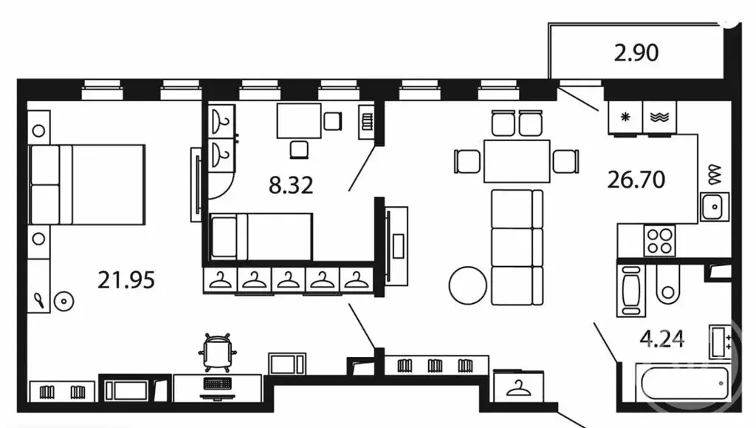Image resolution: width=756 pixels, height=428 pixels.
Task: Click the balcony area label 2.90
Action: coord(636,52)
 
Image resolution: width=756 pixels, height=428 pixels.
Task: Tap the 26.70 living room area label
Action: coord(636,180)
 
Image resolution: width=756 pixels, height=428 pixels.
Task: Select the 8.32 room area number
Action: coord(291,185)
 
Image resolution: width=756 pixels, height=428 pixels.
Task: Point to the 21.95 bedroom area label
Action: coord(126,280)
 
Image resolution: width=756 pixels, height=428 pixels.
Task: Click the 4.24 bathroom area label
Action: coord(662,339)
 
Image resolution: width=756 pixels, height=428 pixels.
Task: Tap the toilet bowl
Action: coord(667,284)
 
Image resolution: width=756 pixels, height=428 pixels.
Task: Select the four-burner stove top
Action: coord(659,241)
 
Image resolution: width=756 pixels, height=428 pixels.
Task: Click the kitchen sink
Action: coord(715,206)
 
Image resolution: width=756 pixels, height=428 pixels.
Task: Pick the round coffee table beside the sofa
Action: coord(467,285)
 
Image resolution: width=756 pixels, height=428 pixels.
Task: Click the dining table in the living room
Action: coord(517,161)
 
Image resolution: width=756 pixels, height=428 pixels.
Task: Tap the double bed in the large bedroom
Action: coord(87,184)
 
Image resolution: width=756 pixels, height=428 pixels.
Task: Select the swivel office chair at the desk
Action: coord(218,353)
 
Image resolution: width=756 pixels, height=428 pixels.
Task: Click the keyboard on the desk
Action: coord(218,384)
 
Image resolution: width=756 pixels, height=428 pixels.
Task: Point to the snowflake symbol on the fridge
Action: coord(625,117)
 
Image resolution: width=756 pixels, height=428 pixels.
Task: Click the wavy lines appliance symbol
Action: coord(659,117)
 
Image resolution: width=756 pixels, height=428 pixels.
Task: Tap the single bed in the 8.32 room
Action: coord(261,237)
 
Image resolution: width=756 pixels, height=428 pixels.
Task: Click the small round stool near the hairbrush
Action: coord(63,302)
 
